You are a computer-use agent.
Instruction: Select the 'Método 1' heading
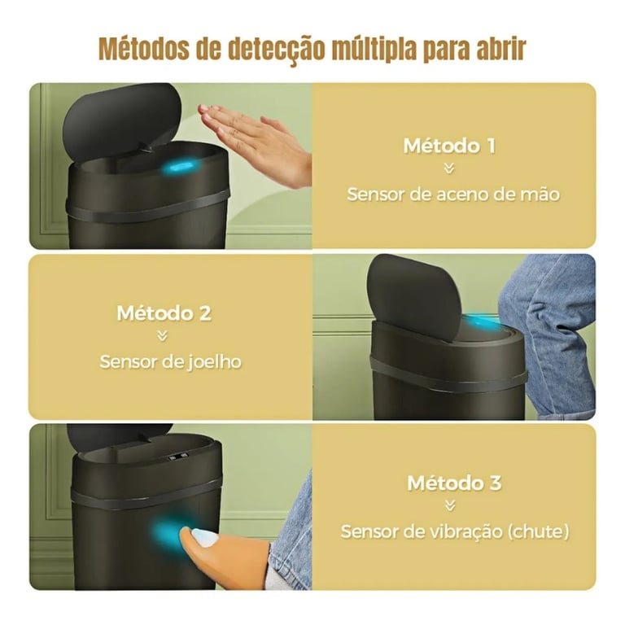449,146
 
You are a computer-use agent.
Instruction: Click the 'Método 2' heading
164,313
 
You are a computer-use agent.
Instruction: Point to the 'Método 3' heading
454,483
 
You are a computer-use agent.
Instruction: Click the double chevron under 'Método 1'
449,169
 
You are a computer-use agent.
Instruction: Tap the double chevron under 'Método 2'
162,336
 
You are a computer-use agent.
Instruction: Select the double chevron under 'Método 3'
450,506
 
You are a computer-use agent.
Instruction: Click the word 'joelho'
214,362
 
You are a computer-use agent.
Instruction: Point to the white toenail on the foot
205,537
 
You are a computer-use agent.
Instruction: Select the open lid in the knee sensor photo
413,297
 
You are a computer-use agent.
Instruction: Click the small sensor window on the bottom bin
177,457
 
